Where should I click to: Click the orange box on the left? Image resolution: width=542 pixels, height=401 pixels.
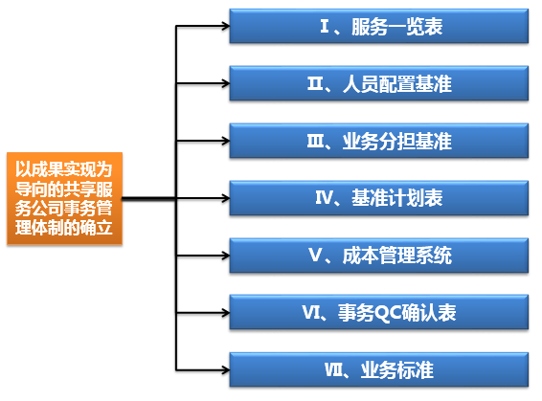(x=65, y=199)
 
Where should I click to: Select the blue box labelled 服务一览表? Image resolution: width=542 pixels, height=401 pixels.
(x=379, y=26)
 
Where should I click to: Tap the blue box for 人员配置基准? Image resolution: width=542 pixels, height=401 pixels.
(x=379, y=83)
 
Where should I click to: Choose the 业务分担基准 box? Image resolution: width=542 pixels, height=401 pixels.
(x=379, y=141)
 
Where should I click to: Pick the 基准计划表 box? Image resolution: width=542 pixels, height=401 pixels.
(x=379, y=198)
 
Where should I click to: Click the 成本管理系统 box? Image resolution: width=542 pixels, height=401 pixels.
(x=379, y=256)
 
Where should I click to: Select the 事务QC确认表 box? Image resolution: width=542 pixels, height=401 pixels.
(x=379, y=312)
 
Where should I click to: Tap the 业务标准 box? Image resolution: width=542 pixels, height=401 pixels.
(x=379, y=370)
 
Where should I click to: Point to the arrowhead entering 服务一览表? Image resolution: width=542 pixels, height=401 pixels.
(x=226, y=26)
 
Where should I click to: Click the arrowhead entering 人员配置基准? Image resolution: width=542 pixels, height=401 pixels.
(x=226, y=83)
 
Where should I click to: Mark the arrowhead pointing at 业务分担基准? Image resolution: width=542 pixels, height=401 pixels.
(x=226, y=141)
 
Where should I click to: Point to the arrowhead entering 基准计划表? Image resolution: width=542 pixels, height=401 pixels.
(x=226, y=198)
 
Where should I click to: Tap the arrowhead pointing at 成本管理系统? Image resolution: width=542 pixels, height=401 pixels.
(x=226, y=256)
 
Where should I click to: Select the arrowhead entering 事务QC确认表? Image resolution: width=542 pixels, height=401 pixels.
(x=226, y=313)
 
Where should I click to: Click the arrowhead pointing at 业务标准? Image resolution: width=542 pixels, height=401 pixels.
(x=226, y=370)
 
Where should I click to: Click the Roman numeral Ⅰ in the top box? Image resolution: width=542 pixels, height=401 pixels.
(x=325, y=26)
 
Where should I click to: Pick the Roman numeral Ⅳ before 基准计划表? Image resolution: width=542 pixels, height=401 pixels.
(x=325, y=198)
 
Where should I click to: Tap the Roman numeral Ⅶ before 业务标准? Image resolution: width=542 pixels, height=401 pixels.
(x=333, y=370)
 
